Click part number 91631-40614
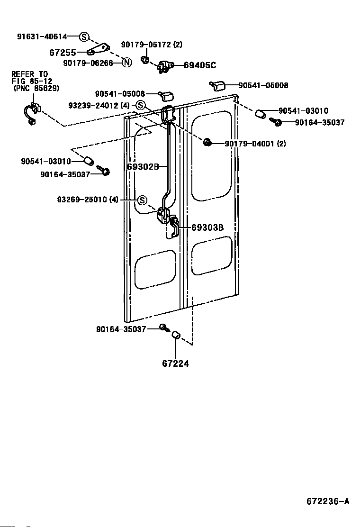point(42,36)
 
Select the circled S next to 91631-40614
point(84,36)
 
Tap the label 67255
point(63,53)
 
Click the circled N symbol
point(126,62)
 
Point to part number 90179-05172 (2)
point(152,45)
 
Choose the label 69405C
point(200,65)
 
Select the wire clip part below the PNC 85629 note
point(32,112)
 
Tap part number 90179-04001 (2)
point(255,144)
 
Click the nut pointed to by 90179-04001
point(207,143)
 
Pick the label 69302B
point(143,166)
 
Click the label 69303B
point(207,227)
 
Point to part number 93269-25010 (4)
point(88,200)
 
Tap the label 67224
point(175,363)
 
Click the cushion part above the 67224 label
point(175,335)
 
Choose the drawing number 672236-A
point(328,501)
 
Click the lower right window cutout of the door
point(212,255)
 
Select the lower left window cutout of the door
point(155,269)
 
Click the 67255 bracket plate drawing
point(99,49)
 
